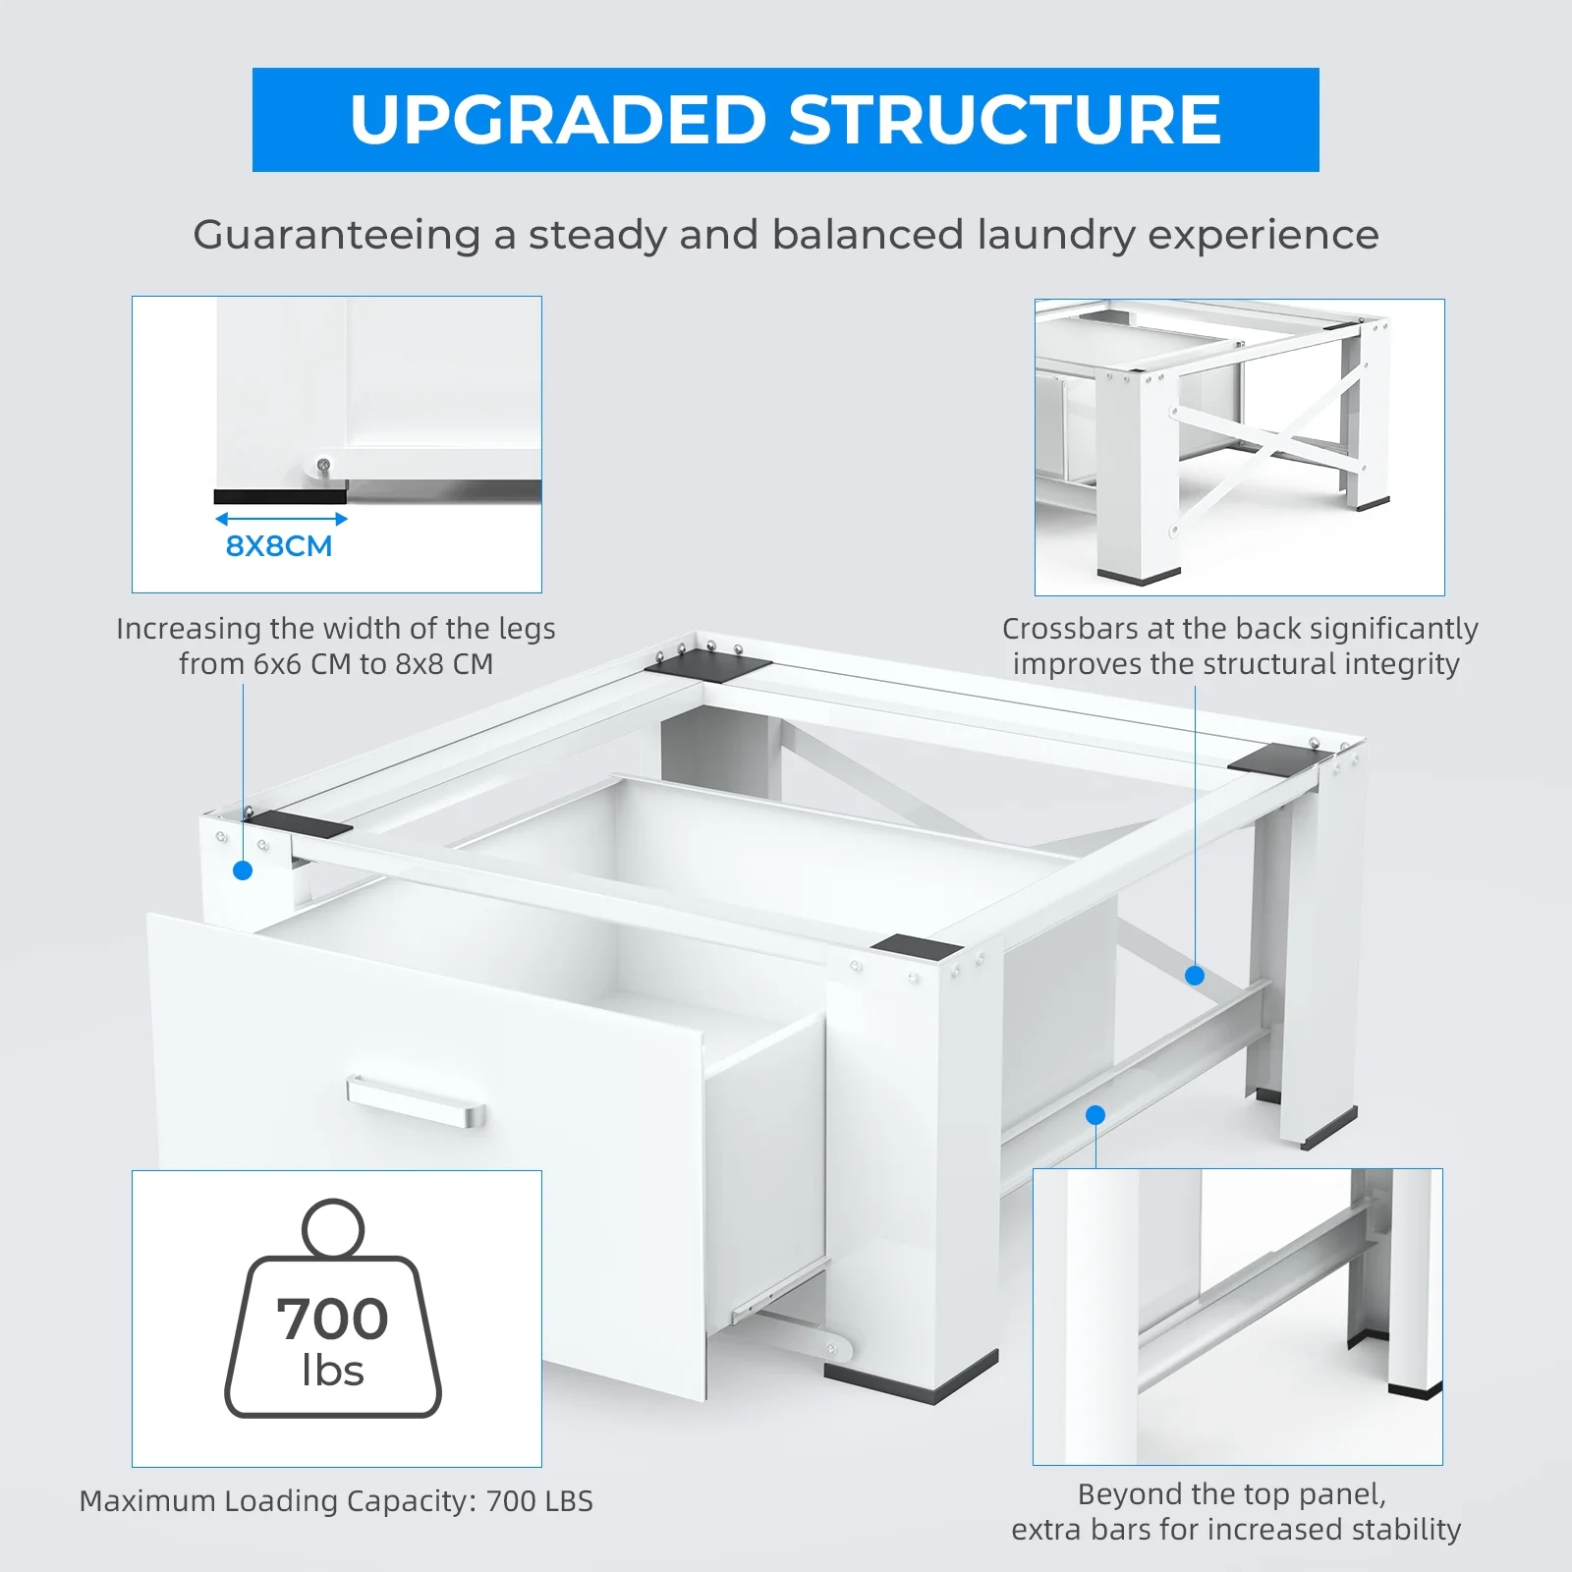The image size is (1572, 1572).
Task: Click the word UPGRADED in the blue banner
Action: (x=557, y=120)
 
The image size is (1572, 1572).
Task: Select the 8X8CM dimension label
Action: (x=279, y=546)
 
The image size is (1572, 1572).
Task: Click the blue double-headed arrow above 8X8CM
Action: (x=281, y=519)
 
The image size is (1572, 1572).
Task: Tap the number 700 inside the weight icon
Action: (x=332, y=1319)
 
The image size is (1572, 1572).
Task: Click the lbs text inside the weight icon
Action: (x=333, y=1371)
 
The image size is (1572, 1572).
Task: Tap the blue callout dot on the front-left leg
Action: (x=243, y=870)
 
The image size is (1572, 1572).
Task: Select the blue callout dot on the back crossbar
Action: (x=1195, y=976)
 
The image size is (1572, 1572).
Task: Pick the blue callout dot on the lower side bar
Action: (x=1095, y=1115)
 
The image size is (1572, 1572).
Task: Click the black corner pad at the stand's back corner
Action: (x=708, y=665)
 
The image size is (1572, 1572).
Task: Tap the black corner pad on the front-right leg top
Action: (x=916, y=947)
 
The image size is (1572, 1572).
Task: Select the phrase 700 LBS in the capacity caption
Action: (x=539, y=1501)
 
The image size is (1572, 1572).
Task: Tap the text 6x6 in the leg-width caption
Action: (x=277, y=664)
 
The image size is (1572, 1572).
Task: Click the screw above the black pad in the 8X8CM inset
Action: (x=323, y=465)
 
